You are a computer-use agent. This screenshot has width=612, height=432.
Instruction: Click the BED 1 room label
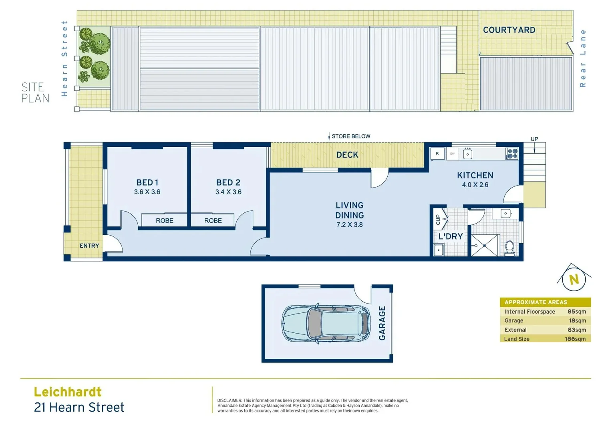147,182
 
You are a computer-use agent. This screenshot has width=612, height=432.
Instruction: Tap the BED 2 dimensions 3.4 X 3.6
228,192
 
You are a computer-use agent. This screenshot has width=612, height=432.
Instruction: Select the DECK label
347,155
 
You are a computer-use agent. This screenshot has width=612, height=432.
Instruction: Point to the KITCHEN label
475,175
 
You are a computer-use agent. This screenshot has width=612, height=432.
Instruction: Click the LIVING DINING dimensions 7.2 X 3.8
349,225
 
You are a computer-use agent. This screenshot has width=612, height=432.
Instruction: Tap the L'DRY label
450,236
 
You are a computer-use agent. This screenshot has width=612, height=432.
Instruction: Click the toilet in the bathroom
509,248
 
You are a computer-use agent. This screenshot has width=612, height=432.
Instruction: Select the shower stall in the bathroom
484,245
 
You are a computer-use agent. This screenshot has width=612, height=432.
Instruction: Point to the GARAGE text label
382,323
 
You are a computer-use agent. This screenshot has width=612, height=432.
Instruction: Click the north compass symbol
574,279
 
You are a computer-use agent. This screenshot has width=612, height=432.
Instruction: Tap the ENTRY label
89,246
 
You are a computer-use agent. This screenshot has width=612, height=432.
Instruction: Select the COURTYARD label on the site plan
509,30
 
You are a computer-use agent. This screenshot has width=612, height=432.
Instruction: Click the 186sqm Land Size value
575,339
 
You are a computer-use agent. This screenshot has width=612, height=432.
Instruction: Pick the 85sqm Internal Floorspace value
576,312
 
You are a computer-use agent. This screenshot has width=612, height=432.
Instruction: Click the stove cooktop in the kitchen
512,154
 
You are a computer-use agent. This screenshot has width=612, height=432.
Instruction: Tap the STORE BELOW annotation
350,136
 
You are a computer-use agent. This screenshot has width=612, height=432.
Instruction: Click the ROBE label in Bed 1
165,220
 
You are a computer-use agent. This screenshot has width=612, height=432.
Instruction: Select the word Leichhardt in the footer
68,392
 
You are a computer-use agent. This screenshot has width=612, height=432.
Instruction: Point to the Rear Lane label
583,58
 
